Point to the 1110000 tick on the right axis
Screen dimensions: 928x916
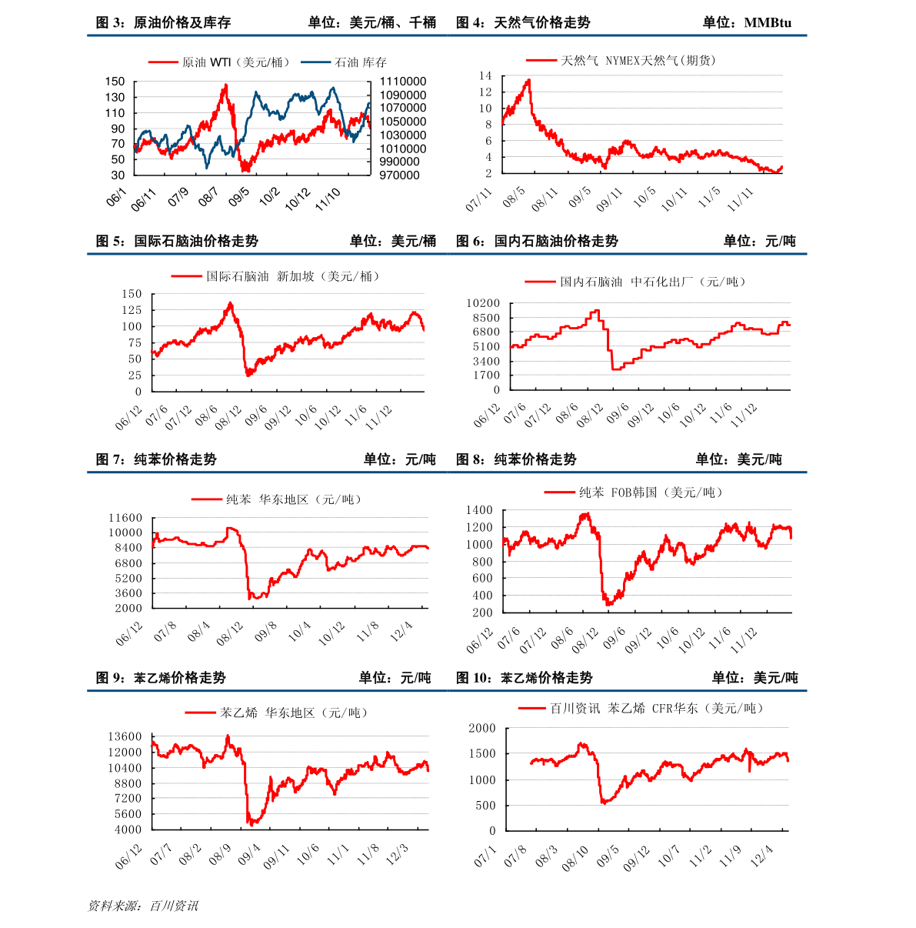point(402,82)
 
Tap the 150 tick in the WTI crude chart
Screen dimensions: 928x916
point(115,82)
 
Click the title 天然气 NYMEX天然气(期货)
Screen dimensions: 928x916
point(638,60)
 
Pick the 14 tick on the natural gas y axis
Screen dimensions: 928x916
point(485,75)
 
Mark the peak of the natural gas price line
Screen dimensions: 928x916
point(528,79)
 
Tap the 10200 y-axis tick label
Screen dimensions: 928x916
point(482,304)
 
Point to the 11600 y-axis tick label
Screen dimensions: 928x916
point(125,518)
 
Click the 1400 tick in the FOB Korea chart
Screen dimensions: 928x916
point(479,510)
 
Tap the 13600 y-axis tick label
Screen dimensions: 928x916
point(125,737)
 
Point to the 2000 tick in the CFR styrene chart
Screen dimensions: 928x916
point(482,728)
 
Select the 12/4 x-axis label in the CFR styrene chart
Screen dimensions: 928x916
point(762,855)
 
